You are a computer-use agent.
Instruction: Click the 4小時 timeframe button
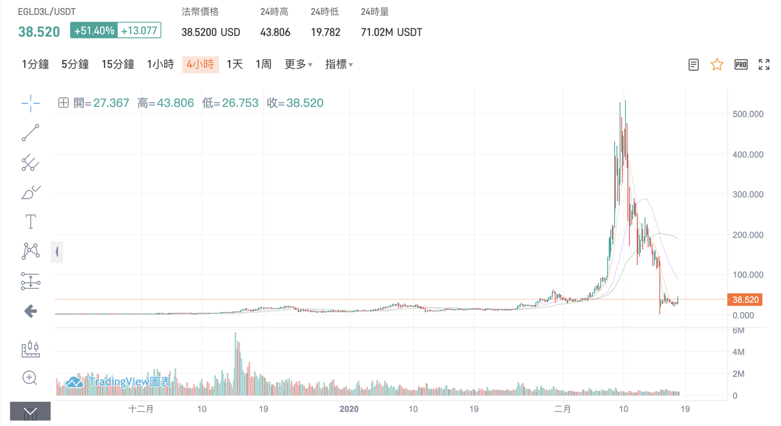coord(200,64)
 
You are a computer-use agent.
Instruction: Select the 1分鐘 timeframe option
coord(35,64)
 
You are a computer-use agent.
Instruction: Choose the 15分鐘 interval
coord(118,64)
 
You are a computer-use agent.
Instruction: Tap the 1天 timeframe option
coord(234,64)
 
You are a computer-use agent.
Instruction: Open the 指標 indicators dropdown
coord(339,64)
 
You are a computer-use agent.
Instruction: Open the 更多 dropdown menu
coord(299,64)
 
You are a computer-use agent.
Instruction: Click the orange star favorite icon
coord(717,64)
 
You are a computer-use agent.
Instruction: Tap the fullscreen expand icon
coord(764,64)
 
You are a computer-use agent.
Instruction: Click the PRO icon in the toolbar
coord(741,64)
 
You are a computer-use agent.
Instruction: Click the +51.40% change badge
coord(94,31)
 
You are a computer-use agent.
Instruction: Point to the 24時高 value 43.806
coord(275,32)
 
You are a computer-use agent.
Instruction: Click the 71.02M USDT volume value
coord(391,32)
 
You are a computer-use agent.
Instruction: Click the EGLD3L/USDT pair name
coord(47,12)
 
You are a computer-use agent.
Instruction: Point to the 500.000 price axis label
coord(747,114)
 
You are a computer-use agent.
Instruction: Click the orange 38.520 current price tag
coord(745,299)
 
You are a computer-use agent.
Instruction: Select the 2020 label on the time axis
coord(349,409)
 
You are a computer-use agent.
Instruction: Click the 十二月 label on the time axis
coord(141,409)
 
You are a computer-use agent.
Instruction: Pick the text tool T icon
coord(31,221)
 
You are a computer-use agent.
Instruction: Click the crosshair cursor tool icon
coord(31,103)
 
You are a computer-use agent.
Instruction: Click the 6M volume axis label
coord(738,330)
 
